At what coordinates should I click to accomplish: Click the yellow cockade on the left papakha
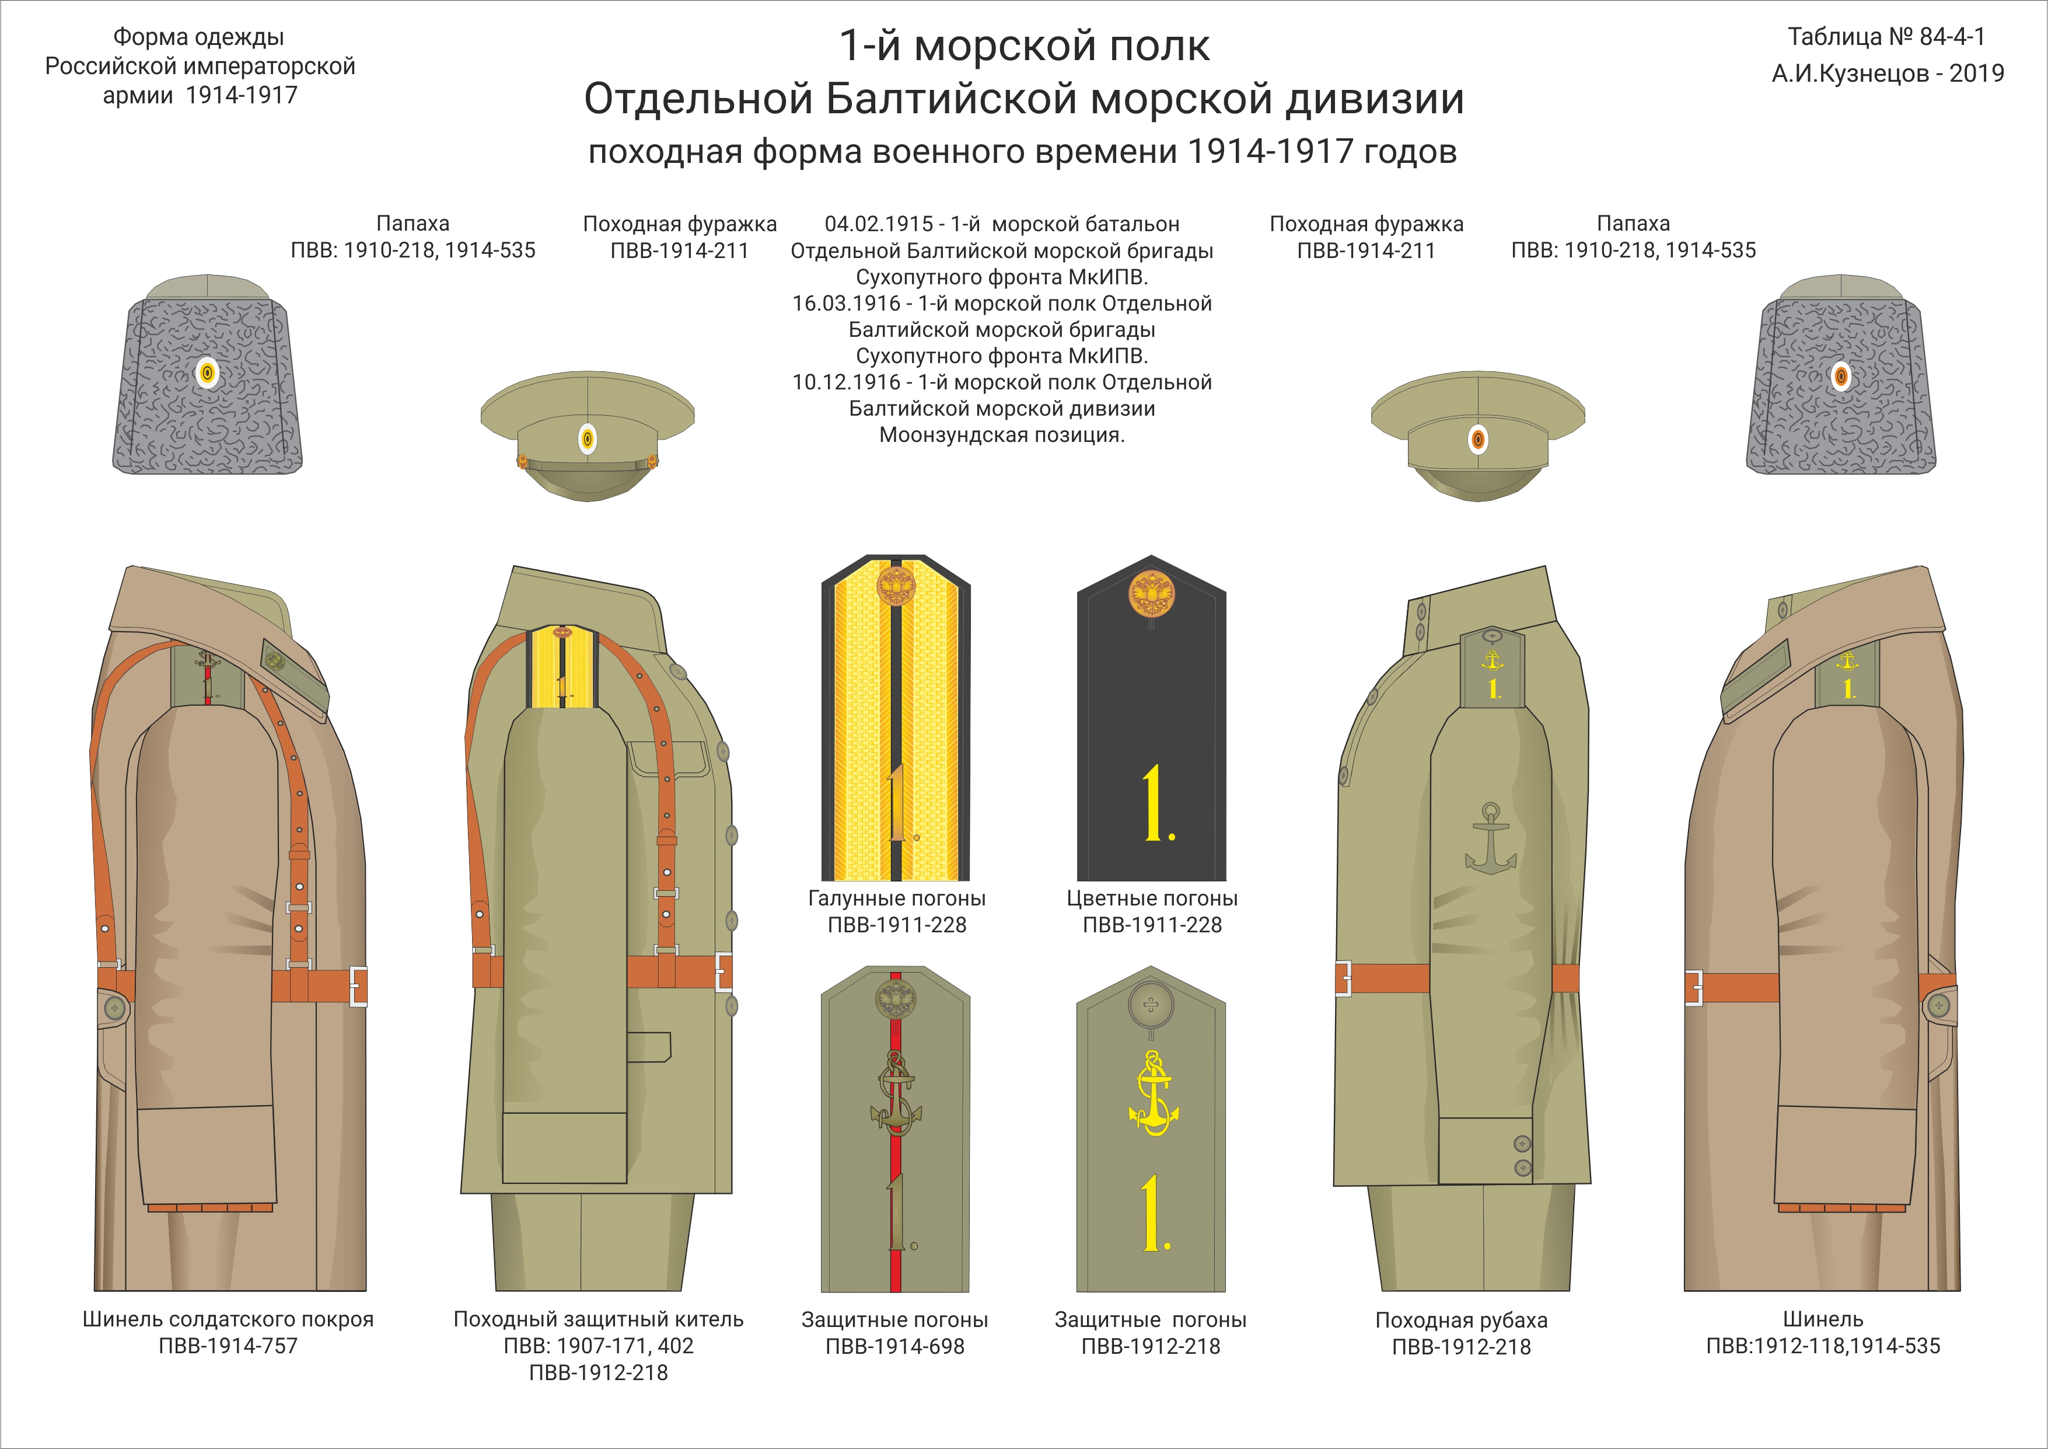(x=207, y=373)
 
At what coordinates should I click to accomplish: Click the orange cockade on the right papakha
(x=1841, y=375)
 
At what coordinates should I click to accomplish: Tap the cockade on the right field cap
(x=1478, y=439)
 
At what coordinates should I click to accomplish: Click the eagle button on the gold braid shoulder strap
(x=896, y=586)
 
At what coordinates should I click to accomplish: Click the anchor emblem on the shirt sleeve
(x=1490, y=839)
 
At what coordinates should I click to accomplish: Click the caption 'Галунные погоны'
(x=896, y=898)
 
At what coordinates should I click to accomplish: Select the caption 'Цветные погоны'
(x=1152, y=898)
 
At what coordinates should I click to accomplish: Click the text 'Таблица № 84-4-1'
(x=1886, y=37)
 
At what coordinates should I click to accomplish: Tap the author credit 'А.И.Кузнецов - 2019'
(x=1888, y=73)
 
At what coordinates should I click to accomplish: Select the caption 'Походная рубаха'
(x=1461, y=1319)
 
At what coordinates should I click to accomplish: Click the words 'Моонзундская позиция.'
(x=1002, y=436)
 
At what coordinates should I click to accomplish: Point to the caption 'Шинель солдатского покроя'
(x=228, y=1319)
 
